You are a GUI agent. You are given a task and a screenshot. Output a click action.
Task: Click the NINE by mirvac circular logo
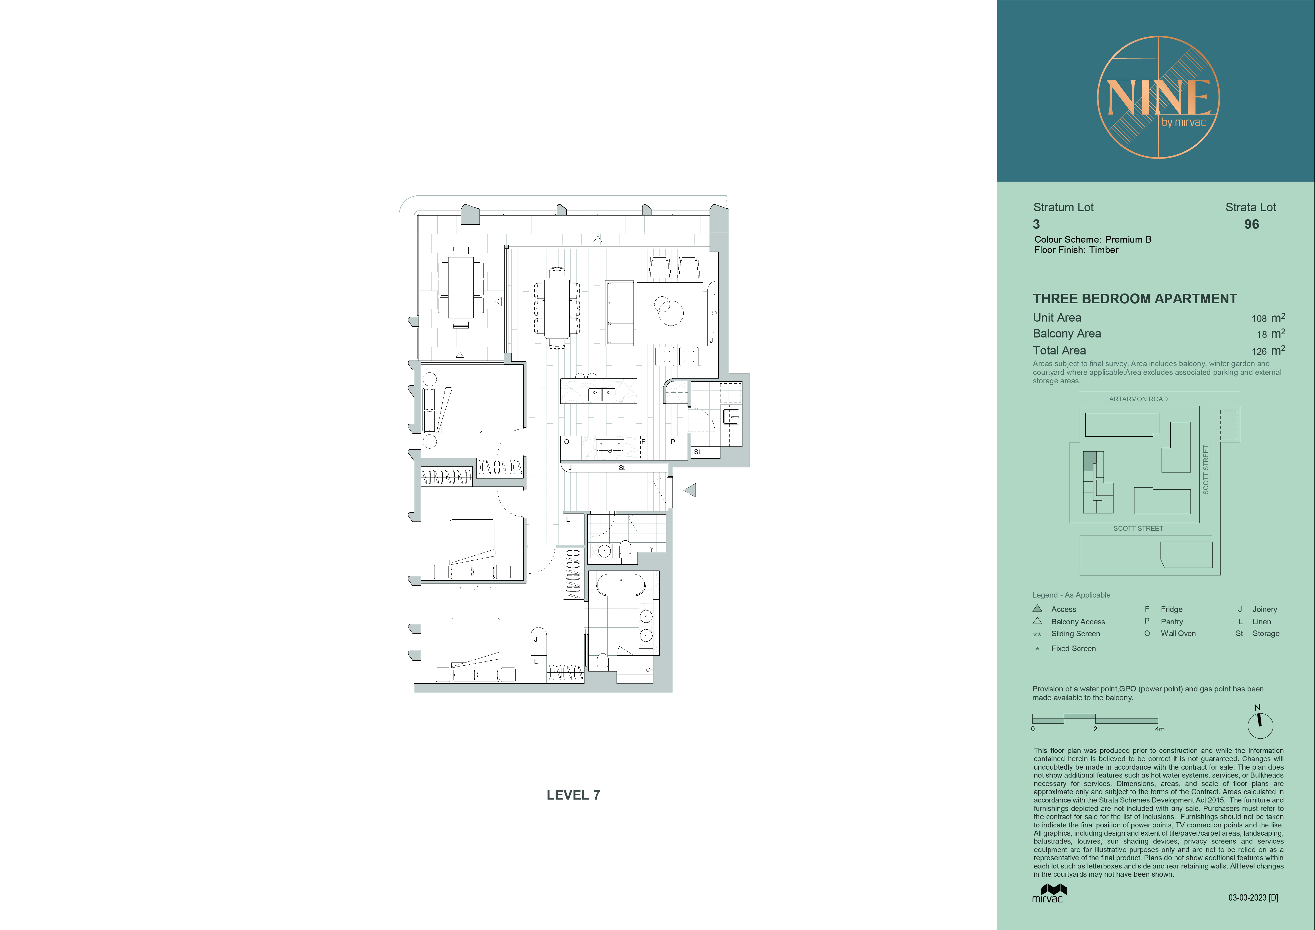click(1158, 97)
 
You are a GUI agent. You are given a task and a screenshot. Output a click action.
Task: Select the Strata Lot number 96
click(1251, 225)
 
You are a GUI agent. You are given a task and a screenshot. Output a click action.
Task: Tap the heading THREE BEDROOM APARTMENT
click(1134, 299)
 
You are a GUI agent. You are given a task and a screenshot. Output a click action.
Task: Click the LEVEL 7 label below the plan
click(573, 795)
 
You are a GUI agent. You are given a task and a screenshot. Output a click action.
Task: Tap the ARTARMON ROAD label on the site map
click(1138, 399)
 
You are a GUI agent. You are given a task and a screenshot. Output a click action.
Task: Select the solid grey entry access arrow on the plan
click(690, 490)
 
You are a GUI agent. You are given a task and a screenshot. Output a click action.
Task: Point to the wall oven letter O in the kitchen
click(566, 442)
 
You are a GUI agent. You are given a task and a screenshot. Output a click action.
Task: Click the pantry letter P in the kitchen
click(673, 442)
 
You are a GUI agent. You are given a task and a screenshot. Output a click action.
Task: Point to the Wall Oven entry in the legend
click(1177, 633)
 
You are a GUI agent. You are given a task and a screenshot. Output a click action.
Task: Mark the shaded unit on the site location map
click(1089, 461)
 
